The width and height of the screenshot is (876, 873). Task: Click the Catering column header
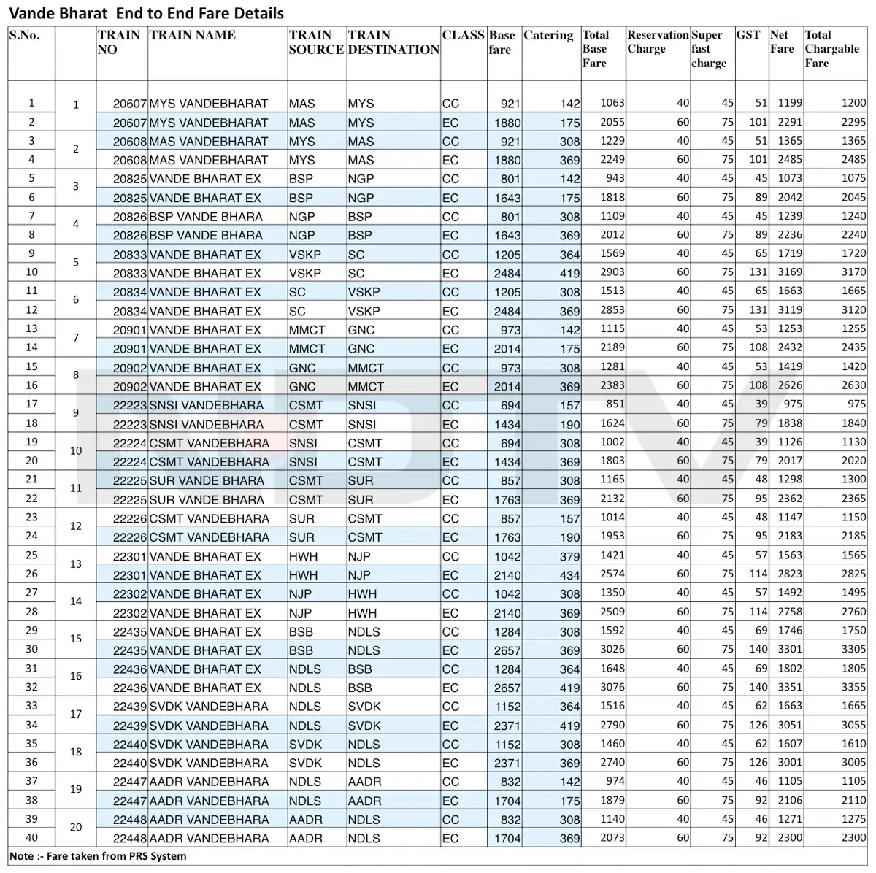click(548, 36)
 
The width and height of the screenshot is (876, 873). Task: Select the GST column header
click(748, 34)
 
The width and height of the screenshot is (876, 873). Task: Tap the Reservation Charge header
click(657, 42)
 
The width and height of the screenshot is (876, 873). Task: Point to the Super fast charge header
click(707, 49)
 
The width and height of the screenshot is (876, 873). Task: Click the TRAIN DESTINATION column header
click(393, 42)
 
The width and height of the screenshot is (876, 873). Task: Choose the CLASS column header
click(463, 35)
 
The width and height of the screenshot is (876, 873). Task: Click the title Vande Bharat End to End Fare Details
click(147, 13)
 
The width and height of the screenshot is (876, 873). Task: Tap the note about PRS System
click(98, 856)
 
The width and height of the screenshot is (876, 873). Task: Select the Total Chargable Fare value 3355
click(853, 688)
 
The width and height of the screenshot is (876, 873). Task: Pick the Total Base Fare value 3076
click(612, 688)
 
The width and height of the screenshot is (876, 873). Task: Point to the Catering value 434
click(569, 575)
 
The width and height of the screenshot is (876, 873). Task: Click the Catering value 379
click(569, 556)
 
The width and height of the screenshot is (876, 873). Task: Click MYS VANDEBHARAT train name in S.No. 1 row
click(208, 104)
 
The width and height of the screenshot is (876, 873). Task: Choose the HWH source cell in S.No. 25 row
click(302, 556)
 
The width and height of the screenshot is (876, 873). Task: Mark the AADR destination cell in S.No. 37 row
click(364, 782)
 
